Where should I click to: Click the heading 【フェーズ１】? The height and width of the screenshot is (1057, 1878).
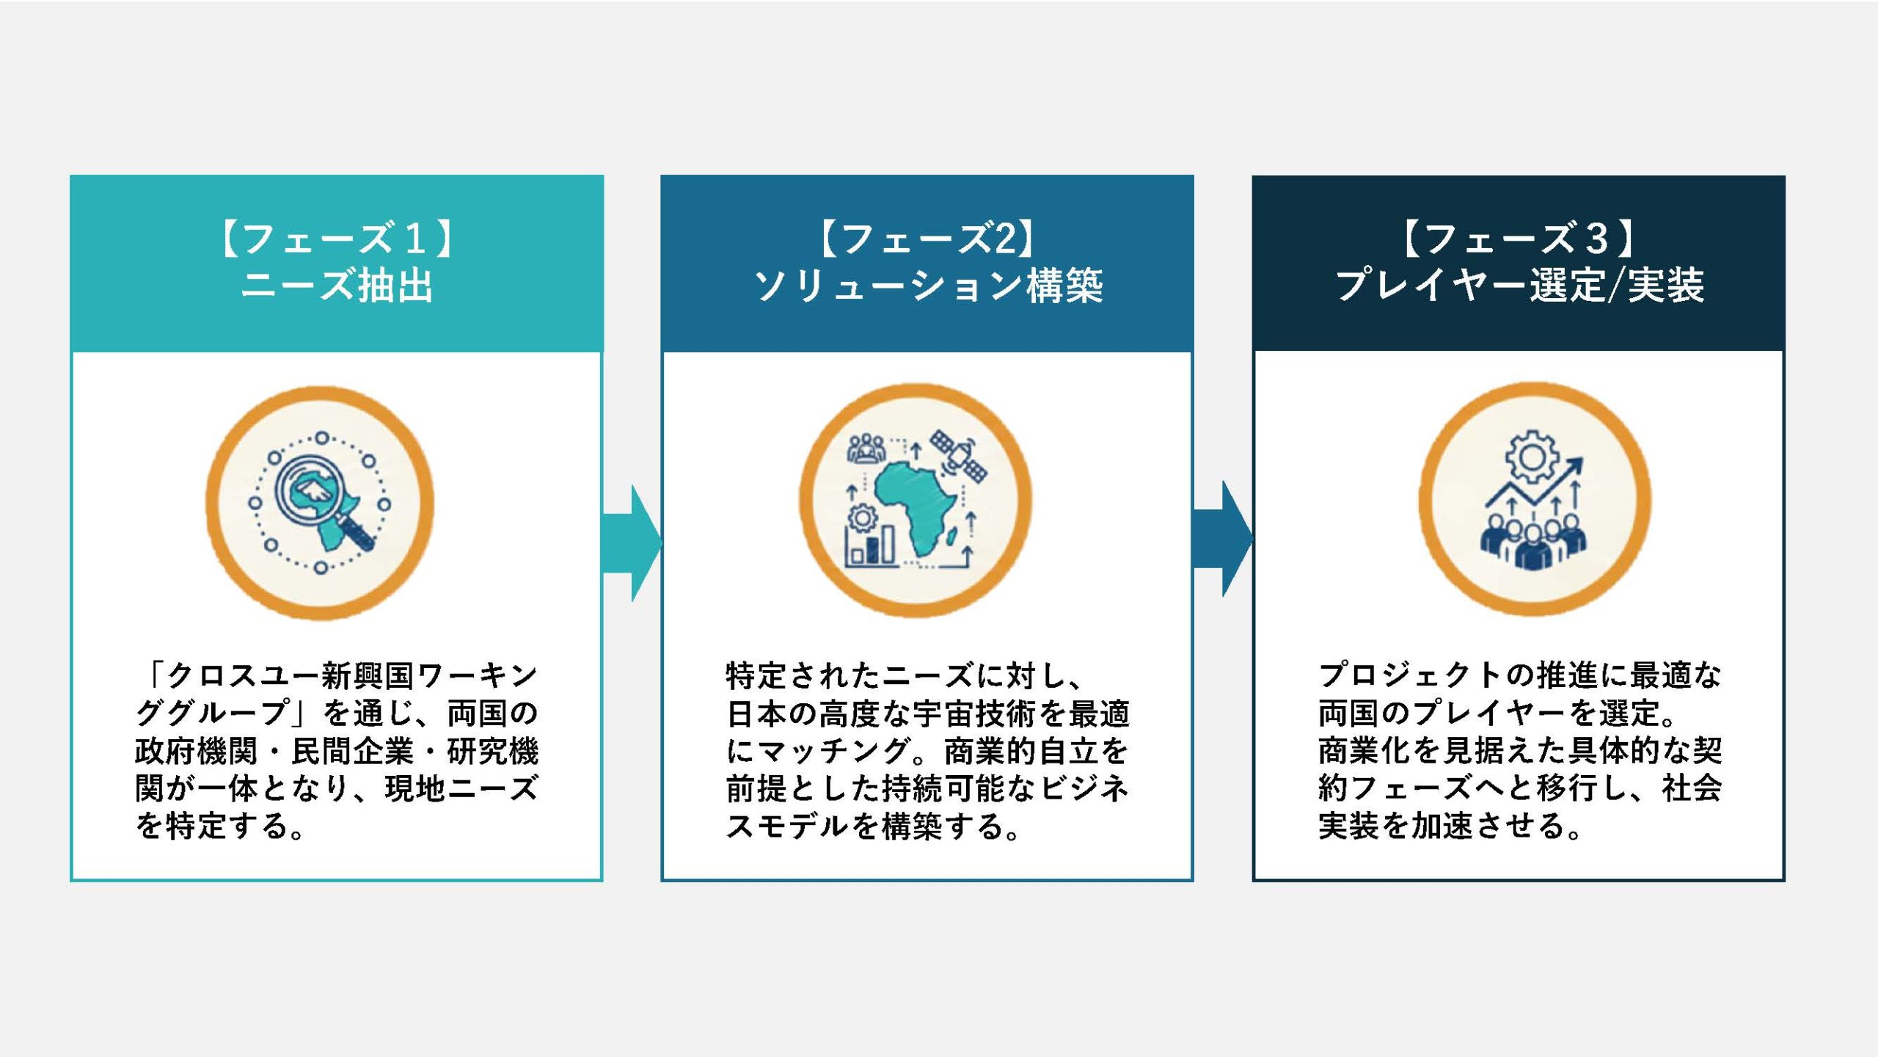pyautogui.click(x=337, y=239)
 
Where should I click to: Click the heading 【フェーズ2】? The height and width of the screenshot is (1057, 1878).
pyautogui.click(x=927, y=239)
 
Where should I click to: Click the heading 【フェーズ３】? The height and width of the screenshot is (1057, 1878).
pyautogui.click(x=1519, y=239)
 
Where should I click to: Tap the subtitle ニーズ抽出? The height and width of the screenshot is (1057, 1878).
pyautogui.click(x=337, y=286)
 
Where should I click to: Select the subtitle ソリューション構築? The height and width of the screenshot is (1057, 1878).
pyautogui.click(x=928, y=286)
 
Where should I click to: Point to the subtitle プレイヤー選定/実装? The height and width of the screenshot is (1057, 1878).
pyautogui.click(x=1519, y=286)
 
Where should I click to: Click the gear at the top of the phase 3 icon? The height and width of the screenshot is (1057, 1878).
pyautogui.click(x=1532, y=457)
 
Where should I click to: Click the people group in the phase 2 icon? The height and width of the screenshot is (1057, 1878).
pyautogui.click(x=866, y=448)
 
